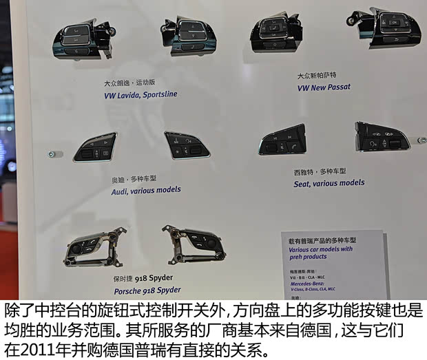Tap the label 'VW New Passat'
pyautogui.click(x=324, y=87)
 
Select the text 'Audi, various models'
pyautogui.click(x=146, y=190)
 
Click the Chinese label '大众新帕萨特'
pyautogui.click(x=318, y=76)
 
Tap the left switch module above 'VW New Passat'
pyautogui.click(x=276, y=31)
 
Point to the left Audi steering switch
pyautogui.click(x=96, y=147)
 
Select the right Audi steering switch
pyautogui.click(x=187, y=145)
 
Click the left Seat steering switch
pyautogui.click(x=282, y=141)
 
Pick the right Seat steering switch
pyautogui.click(x=381, y=136)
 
